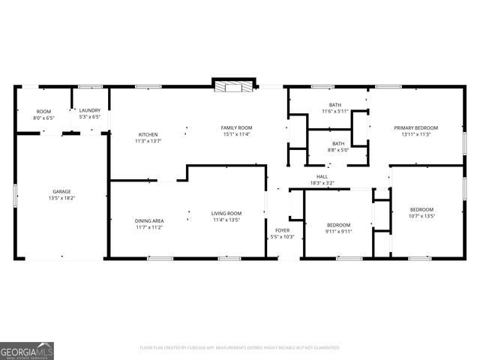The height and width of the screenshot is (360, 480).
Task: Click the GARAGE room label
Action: tap(61, 191)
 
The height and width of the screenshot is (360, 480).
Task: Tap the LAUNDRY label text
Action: tap(90, 110)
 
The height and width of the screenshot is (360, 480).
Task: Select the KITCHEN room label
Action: tap(148, 134)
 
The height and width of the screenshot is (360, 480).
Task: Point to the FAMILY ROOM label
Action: tap(236, 127)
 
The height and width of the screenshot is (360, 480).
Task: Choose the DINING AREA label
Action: tap(149, 220)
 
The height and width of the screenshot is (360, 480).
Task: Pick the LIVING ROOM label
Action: tap(226, 213)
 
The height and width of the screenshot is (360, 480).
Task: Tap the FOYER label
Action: tap(282, 230)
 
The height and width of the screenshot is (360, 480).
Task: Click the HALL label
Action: tap(322, 176)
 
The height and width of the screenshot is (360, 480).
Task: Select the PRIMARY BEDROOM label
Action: tap(416, 127)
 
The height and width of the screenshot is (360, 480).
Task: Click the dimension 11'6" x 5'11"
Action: tap(335, 112)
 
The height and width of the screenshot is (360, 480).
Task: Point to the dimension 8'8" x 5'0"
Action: tap(338, 150)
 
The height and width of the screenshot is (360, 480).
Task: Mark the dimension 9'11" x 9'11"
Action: tap(338, 232)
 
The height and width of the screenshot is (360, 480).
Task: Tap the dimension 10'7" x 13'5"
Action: tap(421, 216)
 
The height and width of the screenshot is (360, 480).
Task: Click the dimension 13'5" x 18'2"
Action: tap(61, 199)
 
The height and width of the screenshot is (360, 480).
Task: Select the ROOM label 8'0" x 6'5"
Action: tap(43, 118)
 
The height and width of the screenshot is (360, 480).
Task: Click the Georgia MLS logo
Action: tap(27, 350)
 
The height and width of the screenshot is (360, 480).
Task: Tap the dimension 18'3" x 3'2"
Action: tap(322, 183)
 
